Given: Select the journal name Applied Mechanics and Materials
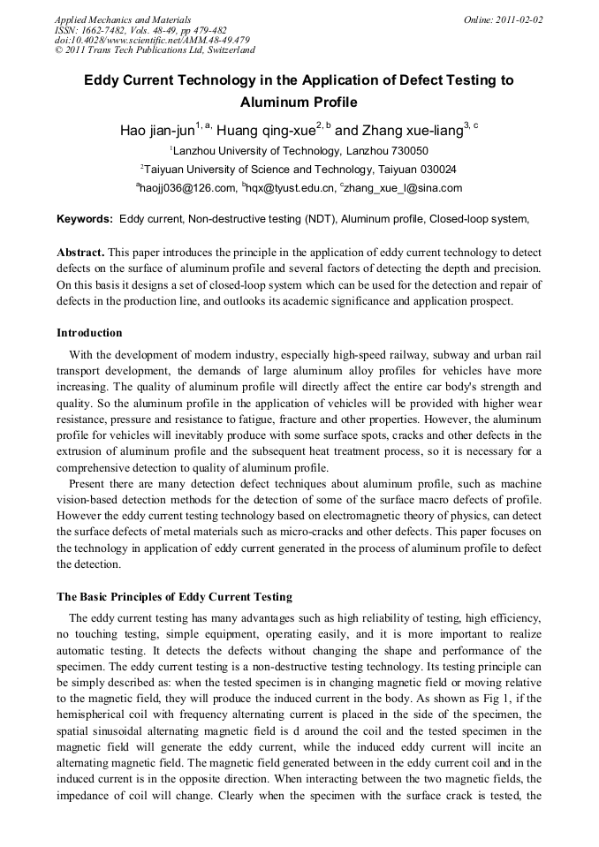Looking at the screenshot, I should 122,19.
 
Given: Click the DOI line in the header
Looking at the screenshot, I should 152,40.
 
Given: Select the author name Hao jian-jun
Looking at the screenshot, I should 157,131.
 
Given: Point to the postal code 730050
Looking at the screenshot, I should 410,151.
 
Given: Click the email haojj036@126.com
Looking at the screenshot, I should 188,187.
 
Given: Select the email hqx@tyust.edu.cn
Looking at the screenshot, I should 291,187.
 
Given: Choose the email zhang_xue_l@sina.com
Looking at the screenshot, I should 404,187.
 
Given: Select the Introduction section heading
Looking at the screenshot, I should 89,333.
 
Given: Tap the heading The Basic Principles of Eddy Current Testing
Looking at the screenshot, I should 174,595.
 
